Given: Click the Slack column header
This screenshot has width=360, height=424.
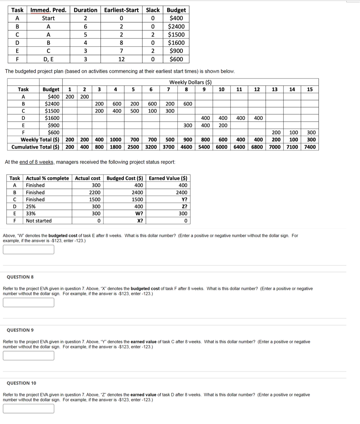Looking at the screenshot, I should [153, 10].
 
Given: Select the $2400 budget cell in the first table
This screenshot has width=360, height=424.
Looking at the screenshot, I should [176, 27].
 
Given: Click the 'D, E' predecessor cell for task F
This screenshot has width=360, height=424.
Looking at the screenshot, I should [48, 59].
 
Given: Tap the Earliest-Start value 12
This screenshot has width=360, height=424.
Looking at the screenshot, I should [121, 59].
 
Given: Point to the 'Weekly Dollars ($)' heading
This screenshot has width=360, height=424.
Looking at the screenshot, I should [190, 82].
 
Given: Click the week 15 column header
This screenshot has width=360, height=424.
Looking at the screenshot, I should [310, 89].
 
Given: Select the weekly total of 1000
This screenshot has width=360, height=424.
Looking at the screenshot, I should [116, 140].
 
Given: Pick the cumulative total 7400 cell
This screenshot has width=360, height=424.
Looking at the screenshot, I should [310, 147].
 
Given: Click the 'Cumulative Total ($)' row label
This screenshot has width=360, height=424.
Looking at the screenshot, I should [35, 147].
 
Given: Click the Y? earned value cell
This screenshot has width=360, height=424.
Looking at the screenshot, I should [184, 200].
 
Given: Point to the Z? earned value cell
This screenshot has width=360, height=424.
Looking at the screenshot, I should [184, 206].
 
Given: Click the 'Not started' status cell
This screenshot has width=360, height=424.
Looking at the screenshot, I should [39, 221].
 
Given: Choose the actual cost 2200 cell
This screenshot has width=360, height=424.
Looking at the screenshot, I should [95, 192].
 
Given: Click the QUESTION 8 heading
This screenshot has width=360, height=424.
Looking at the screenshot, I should [20, 277].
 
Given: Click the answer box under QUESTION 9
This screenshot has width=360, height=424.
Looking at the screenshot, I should [29, 356].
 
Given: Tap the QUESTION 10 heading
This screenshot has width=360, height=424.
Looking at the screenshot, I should [21, 383].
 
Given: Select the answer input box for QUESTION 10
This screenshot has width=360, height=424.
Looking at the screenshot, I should [29, 409].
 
